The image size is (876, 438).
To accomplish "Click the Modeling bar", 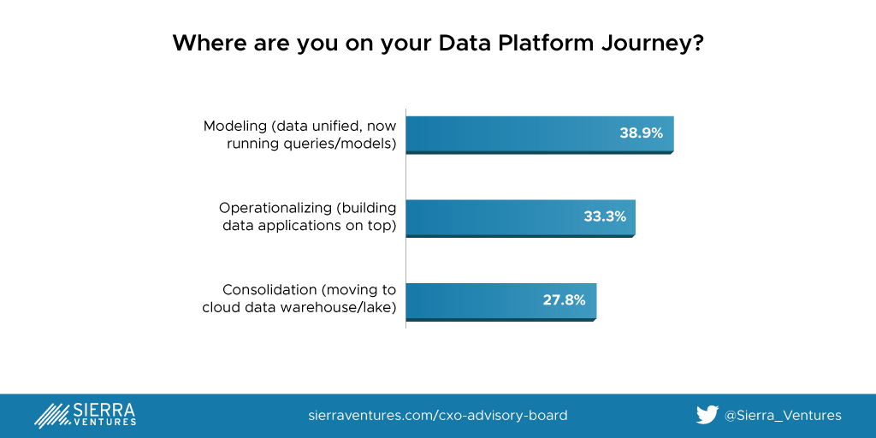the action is [540, 134].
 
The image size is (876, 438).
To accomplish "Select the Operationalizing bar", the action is [521, 218].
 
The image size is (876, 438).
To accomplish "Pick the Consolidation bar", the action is [501, 302].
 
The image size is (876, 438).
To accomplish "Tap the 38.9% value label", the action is [641, 133].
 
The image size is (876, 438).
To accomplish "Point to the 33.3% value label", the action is [605, 216].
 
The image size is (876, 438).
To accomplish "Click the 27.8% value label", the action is [565, 300].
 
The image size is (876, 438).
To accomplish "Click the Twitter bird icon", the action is [707, 415].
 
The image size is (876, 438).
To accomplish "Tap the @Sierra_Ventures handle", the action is [783, 416].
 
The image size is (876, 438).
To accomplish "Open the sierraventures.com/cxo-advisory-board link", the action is [438, 416].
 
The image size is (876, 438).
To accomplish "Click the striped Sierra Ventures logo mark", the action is [52, 416].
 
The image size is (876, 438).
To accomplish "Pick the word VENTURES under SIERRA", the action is [104, 423].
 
